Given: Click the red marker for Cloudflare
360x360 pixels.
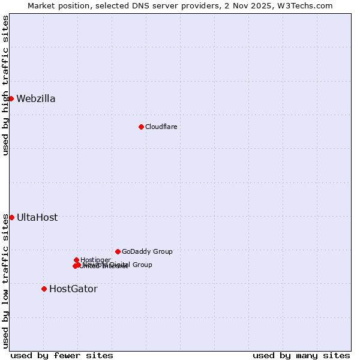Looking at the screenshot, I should [141, 127].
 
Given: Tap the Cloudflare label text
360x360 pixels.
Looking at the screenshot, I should [161, 127].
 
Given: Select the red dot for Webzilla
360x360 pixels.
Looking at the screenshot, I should [11, 98].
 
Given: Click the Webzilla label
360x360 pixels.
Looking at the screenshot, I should [36, 99].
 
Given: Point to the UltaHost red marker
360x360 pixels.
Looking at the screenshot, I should [11, 217].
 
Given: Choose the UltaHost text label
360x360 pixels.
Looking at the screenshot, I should [37, 218].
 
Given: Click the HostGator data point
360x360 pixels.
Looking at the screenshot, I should [44, 289].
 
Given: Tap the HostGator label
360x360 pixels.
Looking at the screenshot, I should [73, 289].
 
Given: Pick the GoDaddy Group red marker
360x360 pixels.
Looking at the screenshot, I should [118, 251].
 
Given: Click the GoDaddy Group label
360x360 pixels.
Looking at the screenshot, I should [147, 252].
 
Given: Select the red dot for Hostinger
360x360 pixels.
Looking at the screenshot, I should [76, 260].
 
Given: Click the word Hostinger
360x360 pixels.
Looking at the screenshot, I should [95, 260].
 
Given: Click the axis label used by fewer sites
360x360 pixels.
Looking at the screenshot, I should [62, 355].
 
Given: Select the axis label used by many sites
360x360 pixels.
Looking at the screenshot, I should [301, 355].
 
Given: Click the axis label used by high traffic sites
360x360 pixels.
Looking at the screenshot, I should [5, 85].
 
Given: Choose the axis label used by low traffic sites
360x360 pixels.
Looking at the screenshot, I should [5, 281].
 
